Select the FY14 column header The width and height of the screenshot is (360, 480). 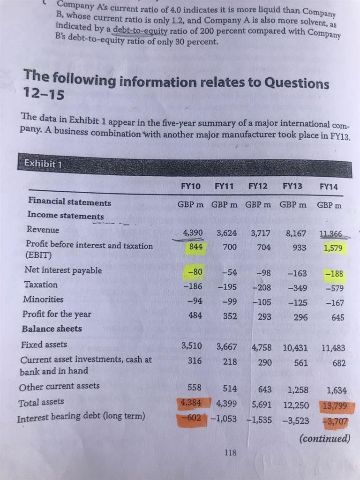tap(329, 187)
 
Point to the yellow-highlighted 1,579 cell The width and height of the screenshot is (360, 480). tap(334, 248)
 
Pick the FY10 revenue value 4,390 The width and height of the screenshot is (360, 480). tap(193, 232)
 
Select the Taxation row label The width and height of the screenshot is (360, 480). tap(42, 285)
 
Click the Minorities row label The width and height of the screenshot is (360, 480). tap(43, 299)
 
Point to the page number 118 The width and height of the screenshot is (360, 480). tap(230, 453)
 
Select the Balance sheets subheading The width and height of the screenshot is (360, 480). tap(52, 329)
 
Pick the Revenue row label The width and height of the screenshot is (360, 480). tap(43, 230)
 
